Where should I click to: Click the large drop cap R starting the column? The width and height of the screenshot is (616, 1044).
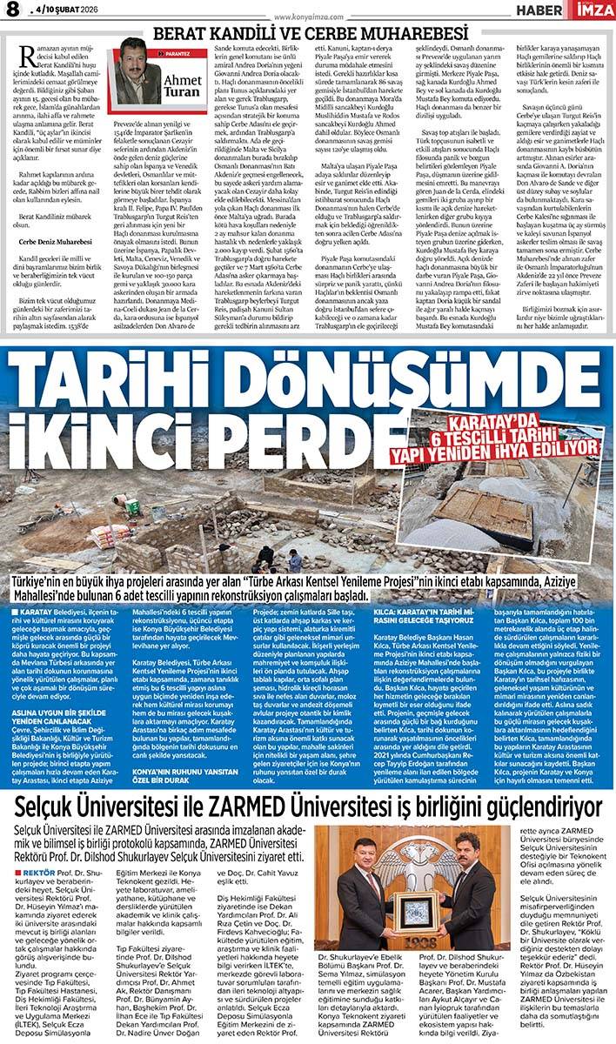tap(27, 59)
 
